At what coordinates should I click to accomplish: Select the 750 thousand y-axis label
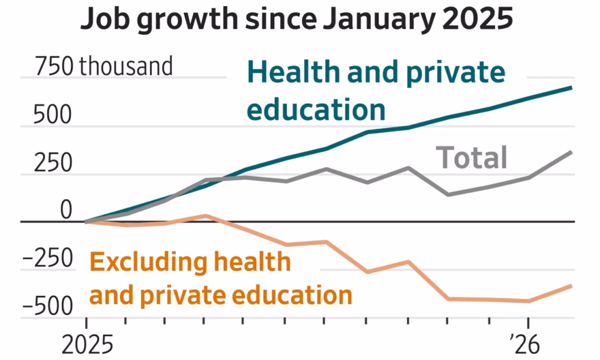[x=103, y=66]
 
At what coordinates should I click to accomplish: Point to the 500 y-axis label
[x=52, y=115]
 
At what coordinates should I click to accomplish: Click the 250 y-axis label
[x=52, y=163]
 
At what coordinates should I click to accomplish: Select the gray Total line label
[x=472, y=158]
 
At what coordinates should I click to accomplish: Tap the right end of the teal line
[x=571, y=88]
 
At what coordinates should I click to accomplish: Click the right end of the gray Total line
[x=571, y=152]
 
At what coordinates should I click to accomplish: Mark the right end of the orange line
[x=571, y=286]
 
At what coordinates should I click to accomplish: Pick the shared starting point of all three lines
[x=86, y=221]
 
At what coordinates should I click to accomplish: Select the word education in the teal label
[x=316, y=110]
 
